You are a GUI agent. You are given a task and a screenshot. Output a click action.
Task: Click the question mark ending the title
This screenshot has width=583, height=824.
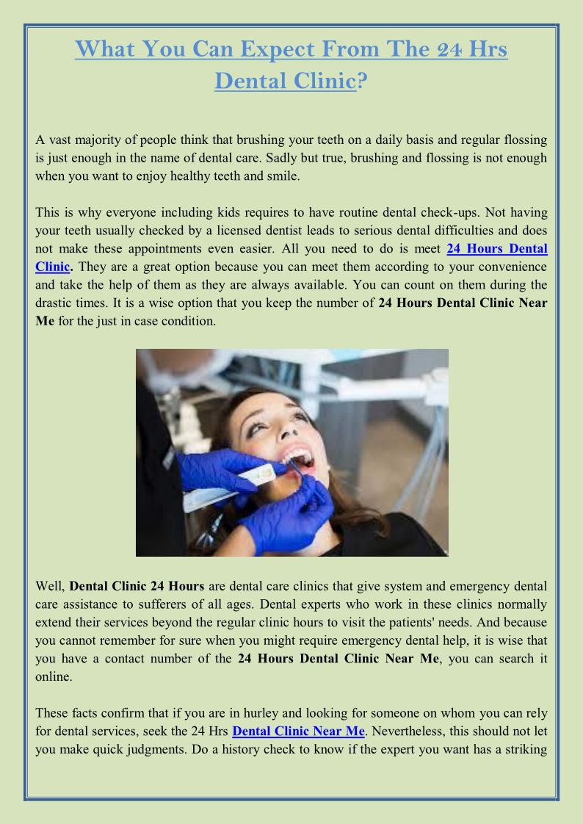[x=362, y=80]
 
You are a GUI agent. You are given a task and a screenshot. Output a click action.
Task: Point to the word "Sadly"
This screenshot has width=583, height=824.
[x=281, y=158]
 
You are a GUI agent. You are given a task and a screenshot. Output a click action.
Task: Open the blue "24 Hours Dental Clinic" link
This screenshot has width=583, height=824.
[x=496, y=249]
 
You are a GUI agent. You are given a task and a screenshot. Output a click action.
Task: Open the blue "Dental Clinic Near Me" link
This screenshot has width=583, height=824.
[x=298, y=731]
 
